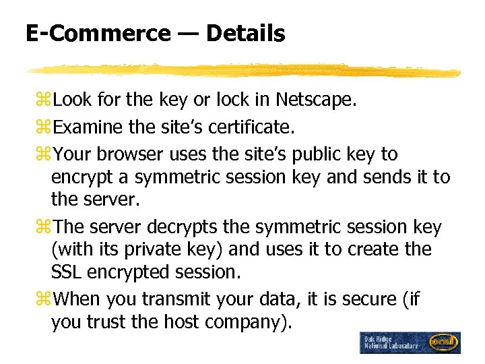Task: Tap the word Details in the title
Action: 246,33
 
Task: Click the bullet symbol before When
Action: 44,299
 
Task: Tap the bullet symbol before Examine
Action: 44,128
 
